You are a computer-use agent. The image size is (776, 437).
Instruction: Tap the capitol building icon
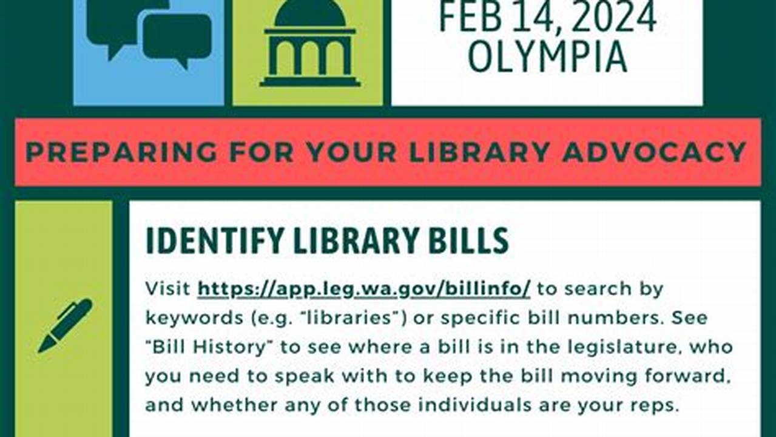[310, 46]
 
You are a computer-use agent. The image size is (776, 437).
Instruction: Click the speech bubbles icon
[149, 30]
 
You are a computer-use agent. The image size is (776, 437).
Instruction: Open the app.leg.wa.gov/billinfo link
[364, 289]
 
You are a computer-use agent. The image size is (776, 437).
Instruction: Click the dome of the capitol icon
[310, 13]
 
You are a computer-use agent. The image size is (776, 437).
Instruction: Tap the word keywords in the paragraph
[189, 319]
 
